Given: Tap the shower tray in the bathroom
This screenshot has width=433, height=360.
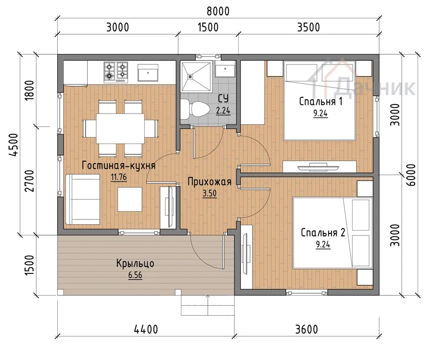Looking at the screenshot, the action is click(196, 76).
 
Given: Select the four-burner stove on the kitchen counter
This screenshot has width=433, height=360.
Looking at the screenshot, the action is click(116, 72).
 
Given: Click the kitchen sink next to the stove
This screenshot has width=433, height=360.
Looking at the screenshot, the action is click(148, 72).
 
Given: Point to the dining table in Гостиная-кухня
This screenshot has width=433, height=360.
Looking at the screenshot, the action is click(120, 129).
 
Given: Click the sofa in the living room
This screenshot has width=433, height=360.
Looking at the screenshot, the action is click(83, 199).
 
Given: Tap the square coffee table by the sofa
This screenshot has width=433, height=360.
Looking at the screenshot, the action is click(130, 199).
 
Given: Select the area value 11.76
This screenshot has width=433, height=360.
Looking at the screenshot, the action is click(119, 177).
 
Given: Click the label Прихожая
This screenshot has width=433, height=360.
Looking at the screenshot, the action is click(210, 182).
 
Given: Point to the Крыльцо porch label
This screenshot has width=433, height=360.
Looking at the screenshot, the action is click(135, 263).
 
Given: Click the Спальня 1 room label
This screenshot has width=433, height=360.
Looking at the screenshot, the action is click(321, 102).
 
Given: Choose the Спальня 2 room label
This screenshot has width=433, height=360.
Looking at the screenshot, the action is click(323, 232).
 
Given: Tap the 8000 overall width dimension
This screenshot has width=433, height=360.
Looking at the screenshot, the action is click(218, 12).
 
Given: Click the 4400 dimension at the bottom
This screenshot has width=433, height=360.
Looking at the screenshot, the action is click(146, 329).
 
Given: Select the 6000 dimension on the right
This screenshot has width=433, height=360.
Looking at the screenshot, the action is click(411, 175).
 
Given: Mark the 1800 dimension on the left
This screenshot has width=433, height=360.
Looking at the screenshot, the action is click(29, 90).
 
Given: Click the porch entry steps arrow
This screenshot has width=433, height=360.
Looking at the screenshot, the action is click(208, 305).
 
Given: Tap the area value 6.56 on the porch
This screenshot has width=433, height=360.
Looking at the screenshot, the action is click(135, 275).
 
